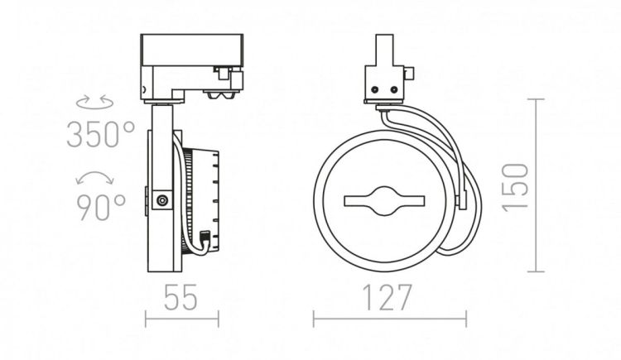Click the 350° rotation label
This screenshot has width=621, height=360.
click(100, 135)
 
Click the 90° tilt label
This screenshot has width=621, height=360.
click(100, 208)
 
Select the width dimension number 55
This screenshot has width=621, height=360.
click(181, 297)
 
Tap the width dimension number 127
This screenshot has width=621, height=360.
click(387, 297)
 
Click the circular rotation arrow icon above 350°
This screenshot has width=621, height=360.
click(94, 102)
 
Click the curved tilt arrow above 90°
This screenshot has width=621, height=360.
click(95, 176)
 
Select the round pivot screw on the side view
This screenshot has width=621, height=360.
click(161, 200)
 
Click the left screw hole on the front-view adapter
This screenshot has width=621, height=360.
click(374, 90)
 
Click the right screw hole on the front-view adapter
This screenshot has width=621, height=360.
click(393, 90)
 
